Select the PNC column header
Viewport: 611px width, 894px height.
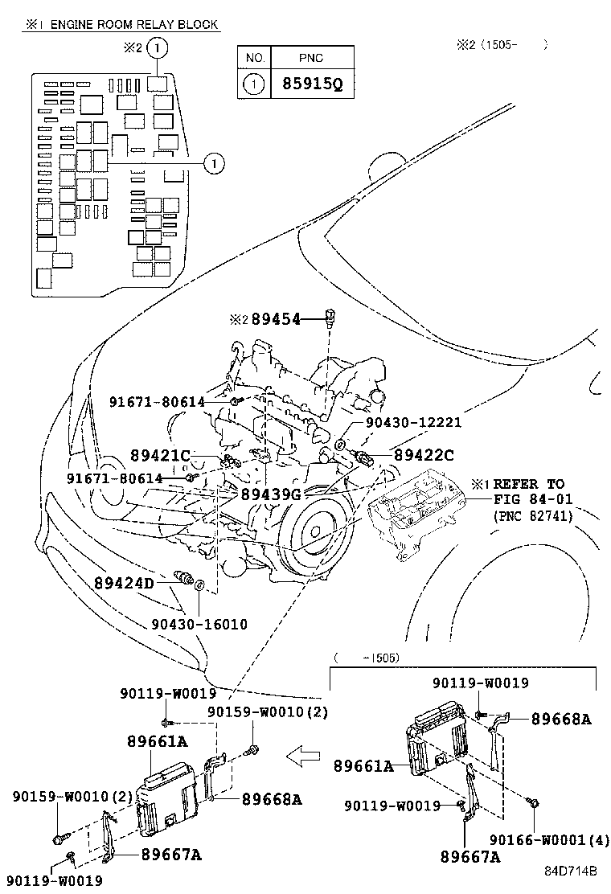click(x=310, y=58)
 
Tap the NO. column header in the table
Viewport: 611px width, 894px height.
click(x=254, y=58)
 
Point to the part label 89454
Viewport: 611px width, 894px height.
click(x=276, y=319)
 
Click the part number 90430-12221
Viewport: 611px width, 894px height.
click(x=413, y=423)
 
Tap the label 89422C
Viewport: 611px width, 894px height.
click(x=423, y=455)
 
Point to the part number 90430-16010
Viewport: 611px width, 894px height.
click(x=199, y=624)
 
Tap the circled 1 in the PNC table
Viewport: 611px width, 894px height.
click(x=254, y=84)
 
